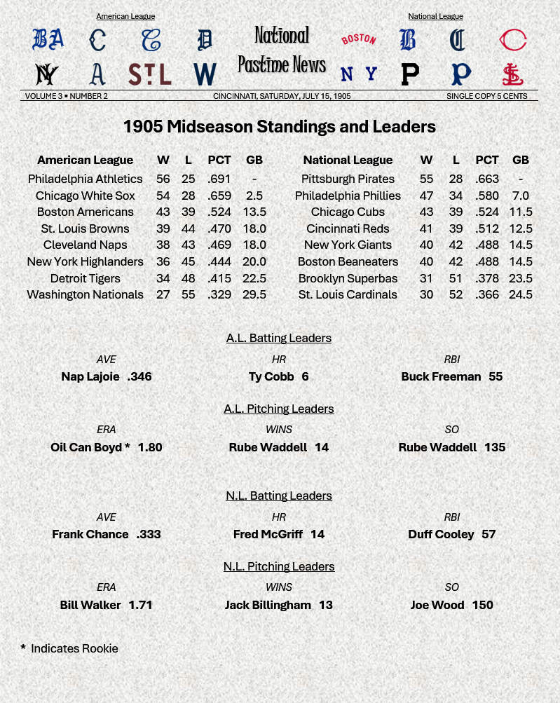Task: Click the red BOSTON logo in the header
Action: coord(358,39)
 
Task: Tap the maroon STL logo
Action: coord(149,74)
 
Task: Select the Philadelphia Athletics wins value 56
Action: coord(163,179)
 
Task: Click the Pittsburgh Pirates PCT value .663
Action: coord(487,179)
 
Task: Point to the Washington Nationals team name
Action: coord(85,294)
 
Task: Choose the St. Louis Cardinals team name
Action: coord(348,294)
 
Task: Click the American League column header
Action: coord(85,160)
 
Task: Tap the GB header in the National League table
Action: coord(520,160)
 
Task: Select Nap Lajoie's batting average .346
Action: coord(139,376)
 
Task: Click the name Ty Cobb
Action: coord(271,376)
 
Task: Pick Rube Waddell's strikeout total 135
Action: coord(495,447)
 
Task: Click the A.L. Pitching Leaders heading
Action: coord(279,409)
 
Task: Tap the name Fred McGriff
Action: coord(268,534)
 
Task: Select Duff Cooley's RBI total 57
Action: coord(489,534)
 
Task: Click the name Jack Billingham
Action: coord(268,605)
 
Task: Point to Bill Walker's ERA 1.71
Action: coord(140,605)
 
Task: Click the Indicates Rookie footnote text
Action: coord(74,648)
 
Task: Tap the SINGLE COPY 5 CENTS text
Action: coord(486,96)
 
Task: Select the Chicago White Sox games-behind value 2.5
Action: coord(254,196)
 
